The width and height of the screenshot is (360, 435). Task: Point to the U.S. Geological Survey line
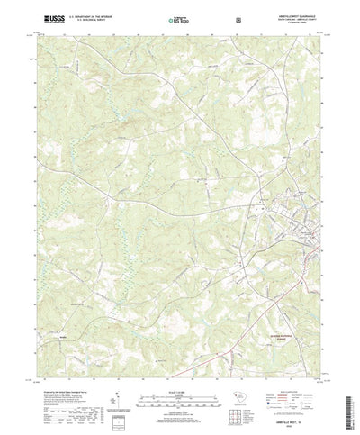(85, 20)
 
